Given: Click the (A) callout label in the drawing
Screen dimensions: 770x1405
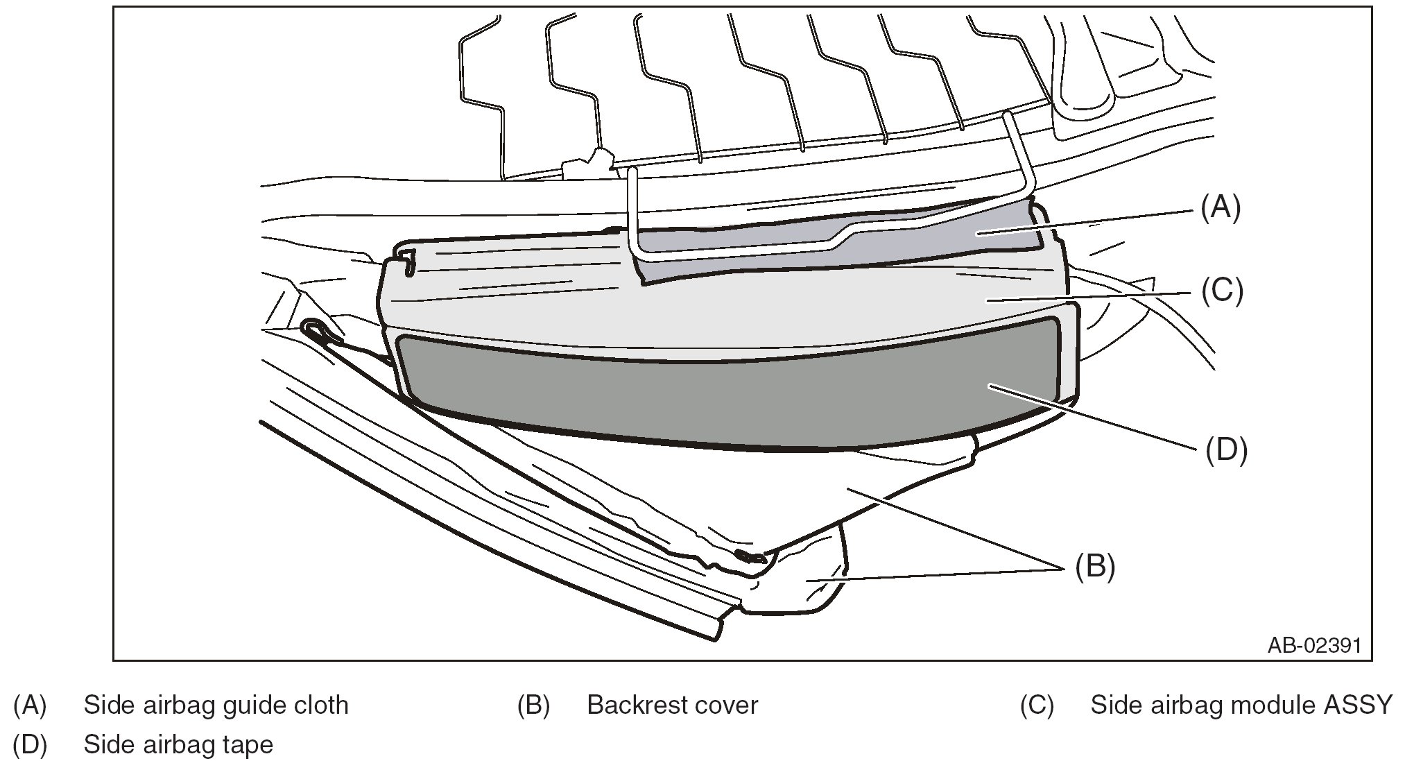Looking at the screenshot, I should [1220, 207].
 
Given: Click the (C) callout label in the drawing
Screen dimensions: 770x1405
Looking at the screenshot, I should [1222, 290].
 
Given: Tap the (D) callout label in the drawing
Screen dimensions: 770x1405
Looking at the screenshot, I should [1226, 450].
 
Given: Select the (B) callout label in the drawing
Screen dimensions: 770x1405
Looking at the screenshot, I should [1094, 567].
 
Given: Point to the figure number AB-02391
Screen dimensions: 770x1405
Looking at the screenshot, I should [1314, 645].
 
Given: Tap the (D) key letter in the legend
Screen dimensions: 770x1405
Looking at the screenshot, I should [30, 746].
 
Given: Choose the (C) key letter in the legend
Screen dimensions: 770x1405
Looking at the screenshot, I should [1036, 705].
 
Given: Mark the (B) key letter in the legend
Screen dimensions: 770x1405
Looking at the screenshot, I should [533, 705].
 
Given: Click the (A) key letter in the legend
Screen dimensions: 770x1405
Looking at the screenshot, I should [30, 705].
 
